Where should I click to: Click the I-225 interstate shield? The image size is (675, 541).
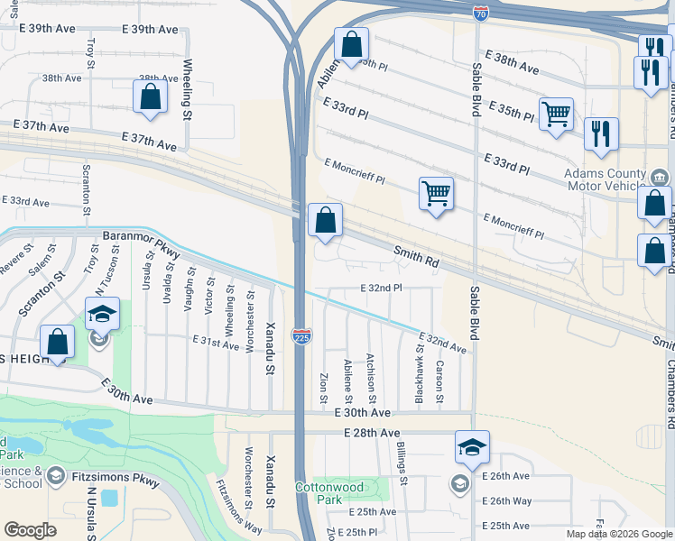301,335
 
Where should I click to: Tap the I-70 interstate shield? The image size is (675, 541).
480,14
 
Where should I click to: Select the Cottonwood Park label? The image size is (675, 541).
330,492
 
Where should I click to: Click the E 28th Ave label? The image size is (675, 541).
371,434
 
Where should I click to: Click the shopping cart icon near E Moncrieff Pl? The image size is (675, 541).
436,193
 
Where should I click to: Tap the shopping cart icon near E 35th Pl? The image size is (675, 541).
556,114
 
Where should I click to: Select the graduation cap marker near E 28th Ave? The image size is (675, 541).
472,446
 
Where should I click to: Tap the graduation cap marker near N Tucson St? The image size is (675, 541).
102,315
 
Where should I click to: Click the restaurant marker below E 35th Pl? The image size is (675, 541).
601,134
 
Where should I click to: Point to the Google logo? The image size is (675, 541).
30,530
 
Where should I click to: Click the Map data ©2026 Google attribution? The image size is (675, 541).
619,534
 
